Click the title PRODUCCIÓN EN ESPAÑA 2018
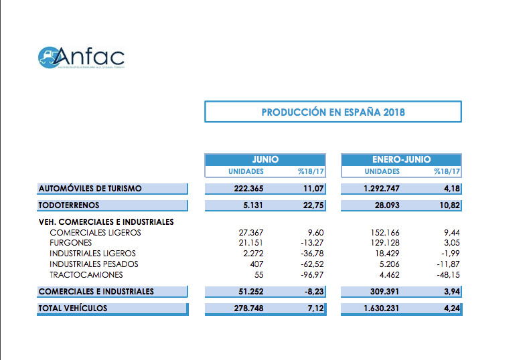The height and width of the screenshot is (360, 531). click(x=333, y=112)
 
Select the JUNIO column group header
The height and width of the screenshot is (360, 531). click(x=265, y=160)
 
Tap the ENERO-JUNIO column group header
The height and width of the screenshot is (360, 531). click(x=401, y=160)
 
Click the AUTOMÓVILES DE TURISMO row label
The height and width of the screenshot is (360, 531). click(x=90, y=189)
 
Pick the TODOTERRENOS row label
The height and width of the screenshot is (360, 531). click(x=69, y=205)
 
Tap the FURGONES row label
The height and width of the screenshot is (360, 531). click(x=71, y=243)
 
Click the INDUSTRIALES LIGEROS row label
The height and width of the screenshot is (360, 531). click(x=92, y=254)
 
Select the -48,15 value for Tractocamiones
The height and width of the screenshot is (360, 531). click(x=446, y=275)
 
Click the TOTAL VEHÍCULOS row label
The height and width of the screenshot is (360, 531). click(x=73, y=308)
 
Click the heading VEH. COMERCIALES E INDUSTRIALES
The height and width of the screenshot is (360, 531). click(x=106, y=221)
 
